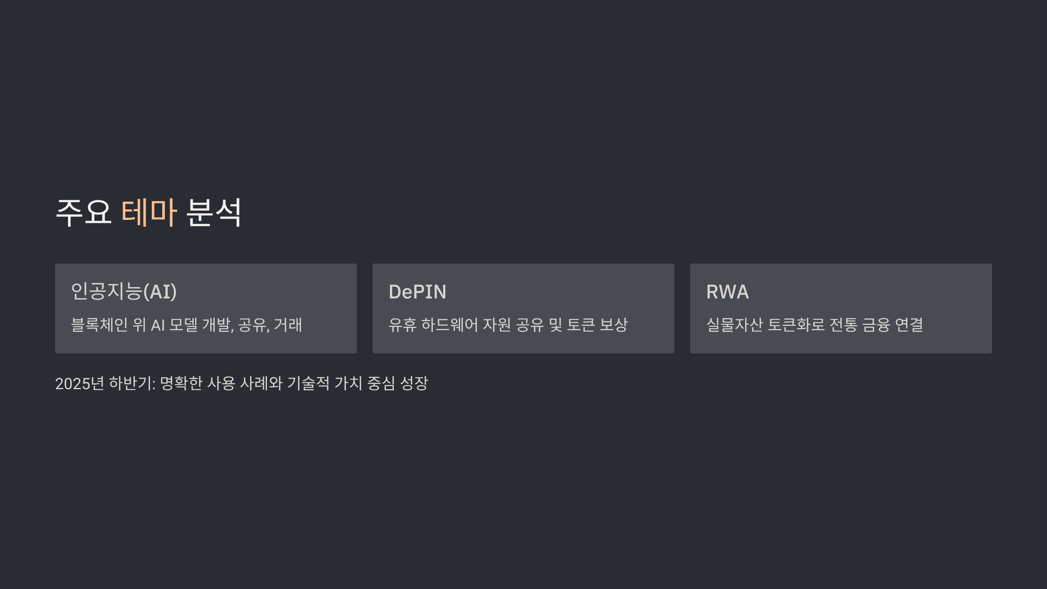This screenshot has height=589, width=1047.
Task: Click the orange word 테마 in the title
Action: pyautogui.click(x=149, y=212)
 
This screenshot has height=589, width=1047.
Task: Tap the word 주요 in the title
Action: pyautogui.click(x=84, y=212)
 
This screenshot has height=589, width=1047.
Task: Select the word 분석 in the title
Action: pyautogui.click(x=214, y=212)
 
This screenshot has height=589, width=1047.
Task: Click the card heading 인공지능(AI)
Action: pyautogui.click(x=124, y=291)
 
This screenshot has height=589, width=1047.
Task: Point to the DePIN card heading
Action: pyautogui.click(x=417, y=292)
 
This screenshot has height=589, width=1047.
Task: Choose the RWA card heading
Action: pyautogui.click(x=728, y=292)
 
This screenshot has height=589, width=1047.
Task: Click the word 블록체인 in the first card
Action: pyautogui.click(x=99, y=325)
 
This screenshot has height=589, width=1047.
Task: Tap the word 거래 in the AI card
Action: pyautogui.click(x=288, y=325)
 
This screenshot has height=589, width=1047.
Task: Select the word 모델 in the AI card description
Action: pyautogui.click(x=183, y=325)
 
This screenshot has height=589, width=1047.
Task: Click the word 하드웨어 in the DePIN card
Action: pyautogui.click(x=450, y=325)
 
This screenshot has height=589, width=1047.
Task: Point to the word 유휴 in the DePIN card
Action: pyautogui.click(x=402, y=325)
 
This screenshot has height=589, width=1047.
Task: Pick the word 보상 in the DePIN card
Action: pyautogui.click(x=614, y=325)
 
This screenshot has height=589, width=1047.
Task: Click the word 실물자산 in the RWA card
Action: pyautogui.click(x=735, y=325)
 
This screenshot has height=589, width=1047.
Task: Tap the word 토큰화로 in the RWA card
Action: pyautogui.click(x=796, y=325)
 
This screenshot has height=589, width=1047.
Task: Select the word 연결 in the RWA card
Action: pyautogui.click(x=909, y=325)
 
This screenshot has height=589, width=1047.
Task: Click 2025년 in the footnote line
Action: pyautogui.click(x=79, y=384)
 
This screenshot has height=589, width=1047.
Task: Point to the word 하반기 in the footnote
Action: pyautogui.click(x=131, y=384)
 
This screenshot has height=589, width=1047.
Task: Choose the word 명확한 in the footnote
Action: pyautogui.click(x=181, y=384)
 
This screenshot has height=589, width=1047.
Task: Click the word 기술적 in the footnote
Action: pyautogui.click(x=308, y=384)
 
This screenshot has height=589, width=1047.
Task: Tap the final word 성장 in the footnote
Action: pyautogui.click(x=414, y=384)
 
